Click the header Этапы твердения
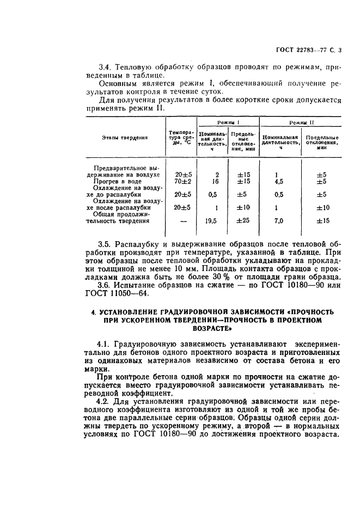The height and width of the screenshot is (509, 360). point(125,138)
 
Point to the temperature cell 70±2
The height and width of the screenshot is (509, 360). point(181,181)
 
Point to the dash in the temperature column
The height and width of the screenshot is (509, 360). point(182,220)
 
